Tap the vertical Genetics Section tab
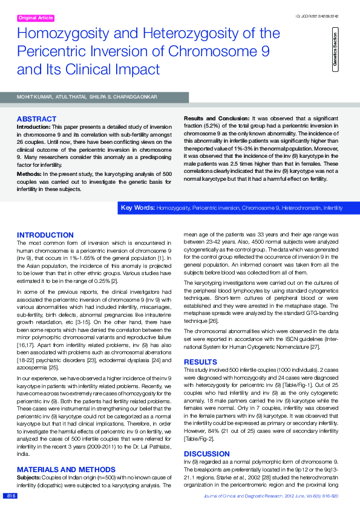[335, 51]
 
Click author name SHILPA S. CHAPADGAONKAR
[123, 97]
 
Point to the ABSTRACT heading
[37, 119]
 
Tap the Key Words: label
[137, 208]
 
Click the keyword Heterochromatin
[299, 208]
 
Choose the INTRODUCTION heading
[45, 235]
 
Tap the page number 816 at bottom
[11, 496]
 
